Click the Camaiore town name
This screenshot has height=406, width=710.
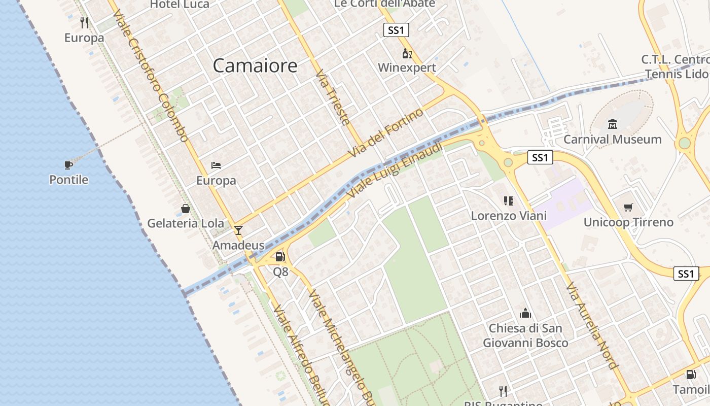click(x=255, y=65)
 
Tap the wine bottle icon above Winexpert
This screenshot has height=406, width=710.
click(x=407, y=54)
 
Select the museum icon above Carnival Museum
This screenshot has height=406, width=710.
click(x=612, y=124)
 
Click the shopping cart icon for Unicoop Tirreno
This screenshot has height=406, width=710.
click(x=628, y=207)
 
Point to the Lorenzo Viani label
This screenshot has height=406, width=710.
click(x=509, y=216)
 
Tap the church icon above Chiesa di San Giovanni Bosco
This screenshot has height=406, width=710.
click(x=525, y=313)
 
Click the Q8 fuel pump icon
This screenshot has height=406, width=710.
click(x=280, y=257)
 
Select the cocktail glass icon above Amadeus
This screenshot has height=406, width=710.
click(x=238, y=230)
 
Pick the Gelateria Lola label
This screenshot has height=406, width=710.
click(x=186, y=223)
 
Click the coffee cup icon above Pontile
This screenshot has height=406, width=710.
click(x=68, y=164)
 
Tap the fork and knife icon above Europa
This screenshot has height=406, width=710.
click(x=84, y=23)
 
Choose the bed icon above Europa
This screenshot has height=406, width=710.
click(x=216, y=165)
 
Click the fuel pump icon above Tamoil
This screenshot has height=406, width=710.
click(x=691, y=375)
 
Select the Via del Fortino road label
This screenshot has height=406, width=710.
click(x=386, y=133)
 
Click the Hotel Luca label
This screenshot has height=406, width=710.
click(x=180, y=5)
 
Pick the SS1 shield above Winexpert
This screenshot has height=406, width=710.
click(x=396, y=30)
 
